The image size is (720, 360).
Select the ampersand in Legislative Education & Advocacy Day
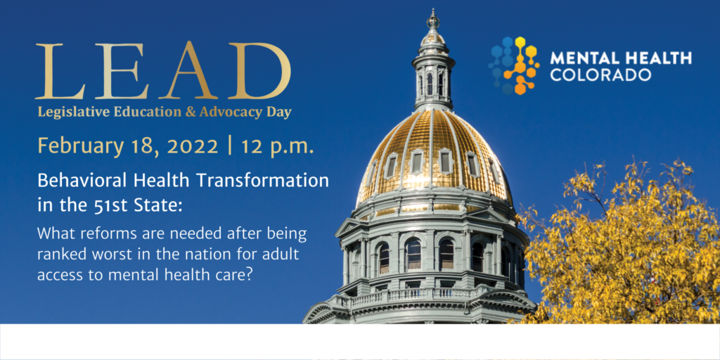190,112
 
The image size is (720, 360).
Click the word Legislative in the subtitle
71,112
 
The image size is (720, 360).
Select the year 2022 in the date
193,146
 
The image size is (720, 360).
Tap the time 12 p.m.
278,147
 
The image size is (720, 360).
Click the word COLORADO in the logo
600,75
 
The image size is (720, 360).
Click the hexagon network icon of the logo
513,65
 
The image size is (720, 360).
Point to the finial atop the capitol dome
433,19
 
